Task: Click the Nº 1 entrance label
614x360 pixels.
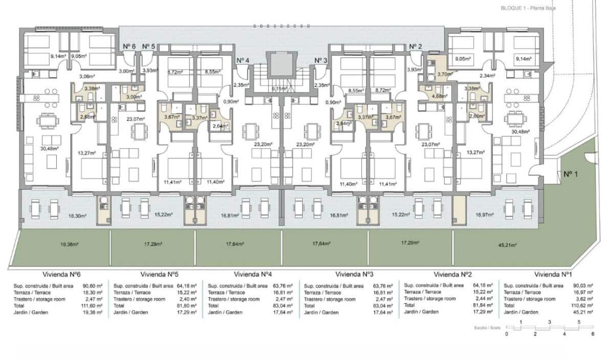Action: click(x=571, y=174)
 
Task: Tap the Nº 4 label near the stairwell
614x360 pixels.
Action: click(x=243, y=60)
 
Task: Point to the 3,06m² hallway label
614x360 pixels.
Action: click(x=86, y=76)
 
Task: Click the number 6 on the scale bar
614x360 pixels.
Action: click(x=593, y=334)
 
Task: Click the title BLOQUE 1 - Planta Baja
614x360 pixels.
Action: click(x=529, y=8)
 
